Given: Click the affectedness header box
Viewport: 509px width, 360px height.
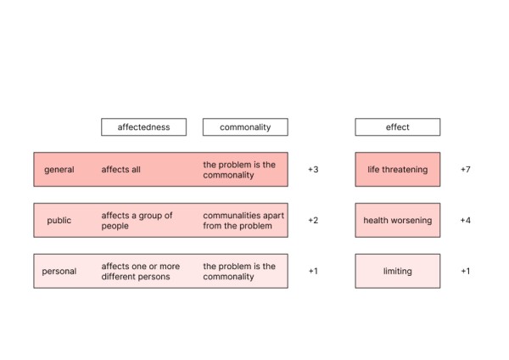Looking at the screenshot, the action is click(x=144, y=127).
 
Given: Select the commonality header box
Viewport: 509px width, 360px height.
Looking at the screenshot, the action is click(x=245, y=127).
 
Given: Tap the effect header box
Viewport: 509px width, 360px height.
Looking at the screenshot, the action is click(x=398, y=127).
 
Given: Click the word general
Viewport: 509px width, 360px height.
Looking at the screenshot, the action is click(x=59, y=170).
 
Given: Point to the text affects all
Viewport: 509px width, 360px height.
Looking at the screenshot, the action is click(x=120, y=169).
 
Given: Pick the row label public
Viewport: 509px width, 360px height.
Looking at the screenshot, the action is click(x=59, y=220).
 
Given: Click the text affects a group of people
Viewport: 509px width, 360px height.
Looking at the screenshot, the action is click(x=137, y=221).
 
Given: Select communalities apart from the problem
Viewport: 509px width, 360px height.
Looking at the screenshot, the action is click(x=243, y=221).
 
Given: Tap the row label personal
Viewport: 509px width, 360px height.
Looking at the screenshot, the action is click(x=59, y=272).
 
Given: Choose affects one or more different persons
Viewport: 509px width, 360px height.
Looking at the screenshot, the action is click(x=141, y=272).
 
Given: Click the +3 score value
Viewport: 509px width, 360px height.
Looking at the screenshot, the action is click(x=313, y=170).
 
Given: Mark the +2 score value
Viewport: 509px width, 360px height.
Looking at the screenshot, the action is click(x=313, y=220).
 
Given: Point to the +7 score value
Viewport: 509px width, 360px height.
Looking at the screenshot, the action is click(x=466, y=170).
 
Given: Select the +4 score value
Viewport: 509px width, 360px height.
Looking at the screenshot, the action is click(x=466, y=220).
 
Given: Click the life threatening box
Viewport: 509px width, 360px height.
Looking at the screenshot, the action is click(x=398, y=169).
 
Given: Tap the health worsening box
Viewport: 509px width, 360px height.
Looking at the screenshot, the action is click(x=398, y=220).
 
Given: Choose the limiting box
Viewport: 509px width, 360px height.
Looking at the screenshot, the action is click(x=398, y=271).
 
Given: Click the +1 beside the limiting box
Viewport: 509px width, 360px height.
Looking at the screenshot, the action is click(x=466, y=271).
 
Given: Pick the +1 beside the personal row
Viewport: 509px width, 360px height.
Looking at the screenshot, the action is click(x=313, y=271).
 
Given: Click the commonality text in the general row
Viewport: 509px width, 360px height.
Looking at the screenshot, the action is click(x=239, y=170).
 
